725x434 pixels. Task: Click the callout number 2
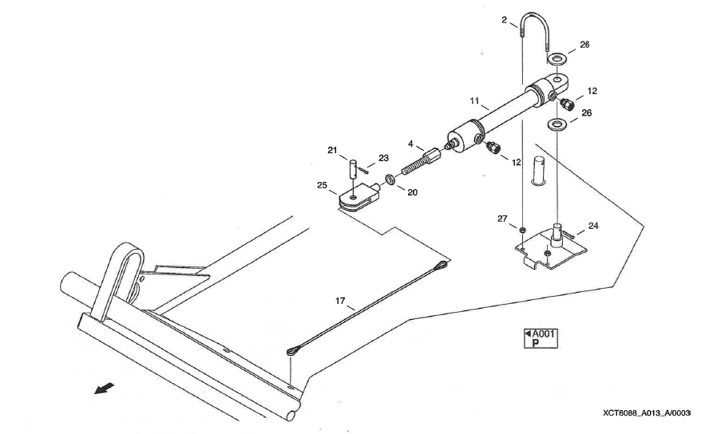[x=505, y=20]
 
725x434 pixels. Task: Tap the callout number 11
[x=474, y=102]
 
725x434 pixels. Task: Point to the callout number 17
[x=341, y=301]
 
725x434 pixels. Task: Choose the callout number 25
[x=322, y=187]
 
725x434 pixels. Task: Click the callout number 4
[x=410, y=144]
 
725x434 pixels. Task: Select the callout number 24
[x=593, y=226]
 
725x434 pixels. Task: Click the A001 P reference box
[x=540, y=338]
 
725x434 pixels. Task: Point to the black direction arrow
[x=103, y=388]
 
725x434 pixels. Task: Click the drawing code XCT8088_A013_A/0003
[x=647, y=412]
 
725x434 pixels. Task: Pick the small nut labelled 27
[x=521, y=230]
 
